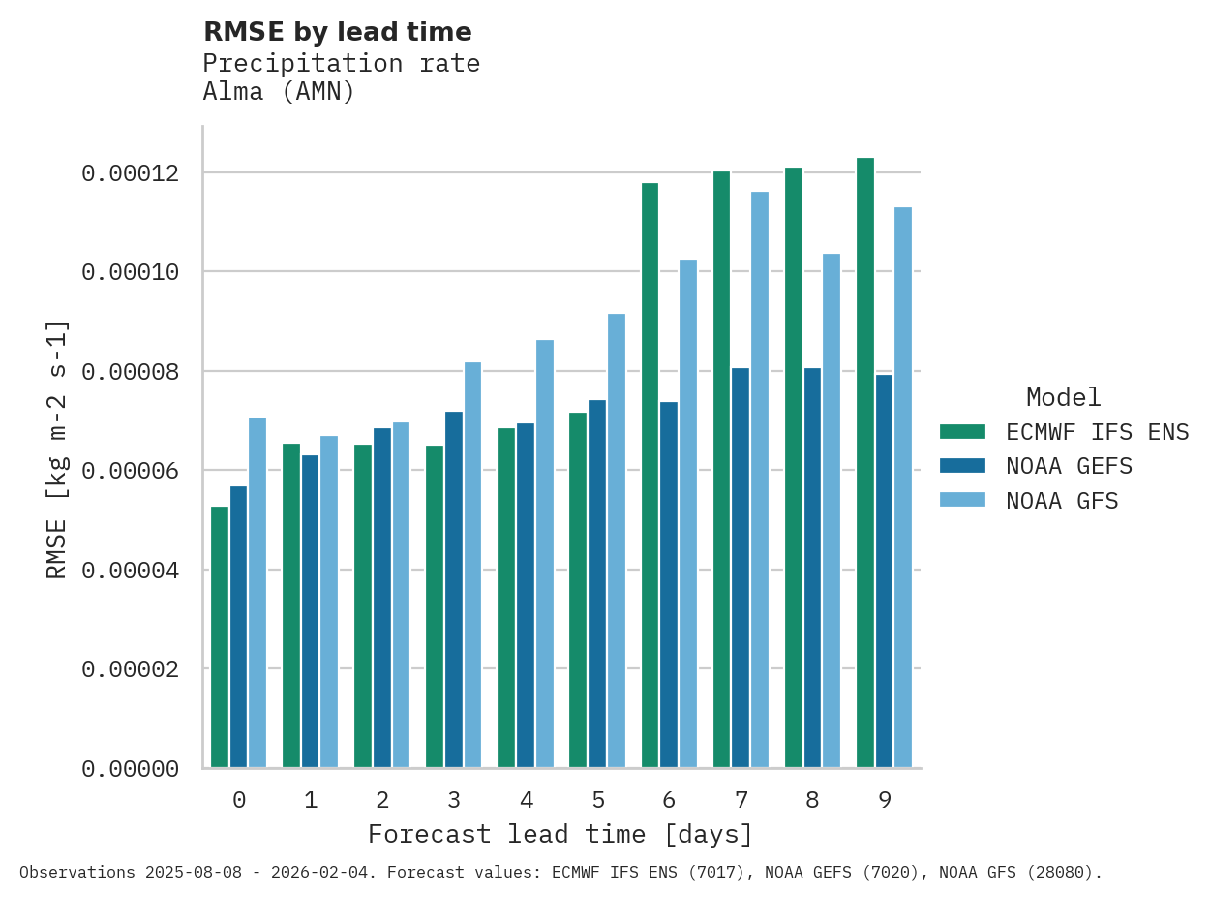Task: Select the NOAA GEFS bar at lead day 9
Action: click(x=884, y=572)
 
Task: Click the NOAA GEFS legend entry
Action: click(x=1069, y=466)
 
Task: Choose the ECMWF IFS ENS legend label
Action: click(x=1097, y=432)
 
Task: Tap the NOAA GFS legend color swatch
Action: click(x=962, y=501)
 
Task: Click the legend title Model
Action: click(x=1063, y=397)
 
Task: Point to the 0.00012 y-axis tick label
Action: click(x=130, y=173)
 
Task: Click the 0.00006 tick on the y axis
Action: click(x=130, y=471)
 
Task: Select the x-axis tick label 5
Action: click(x=597, y=800)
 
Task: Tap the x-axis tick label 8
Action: click(x=812, y=800)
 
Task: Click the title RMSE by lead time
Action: click(x=337, y=32)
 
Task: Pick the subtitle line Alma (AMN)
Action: click(x=279, y=92)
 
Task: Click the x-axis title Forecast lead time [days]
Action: click(x=560, y=834)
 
